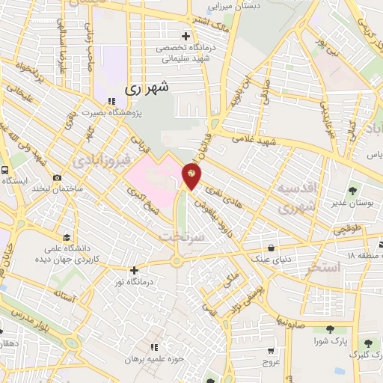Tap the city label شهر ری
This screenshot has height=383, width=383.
[x=147, y=87]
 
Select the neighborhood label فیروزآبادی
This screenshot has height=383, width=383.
[x=103, y=159]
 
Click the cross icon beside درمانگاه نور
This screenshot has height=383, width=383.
[x=135, y=270]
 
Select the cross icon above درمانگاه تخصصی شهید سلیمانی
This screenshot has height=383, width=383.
[x=186, y=36]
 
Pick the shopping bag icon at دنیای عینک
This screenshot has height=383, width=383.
[x=271, y=248]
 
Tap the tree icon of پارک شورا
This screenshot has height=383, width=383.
[x=330, y=329]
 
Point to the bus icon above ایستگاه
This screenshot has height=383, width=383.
[x=5, y=170]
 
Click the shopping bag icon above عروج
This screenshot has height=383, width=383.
[x=270, y=349]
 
